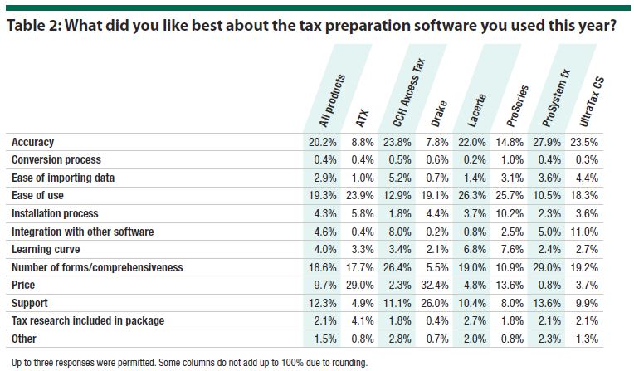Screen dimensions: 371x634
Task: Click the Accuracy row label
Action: [x=34, y=142]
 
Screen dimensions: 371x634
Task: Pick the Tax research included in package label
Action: [x=88, y=320]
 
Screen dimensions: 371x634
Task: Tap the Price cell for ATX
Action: [x=363, y=285]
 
